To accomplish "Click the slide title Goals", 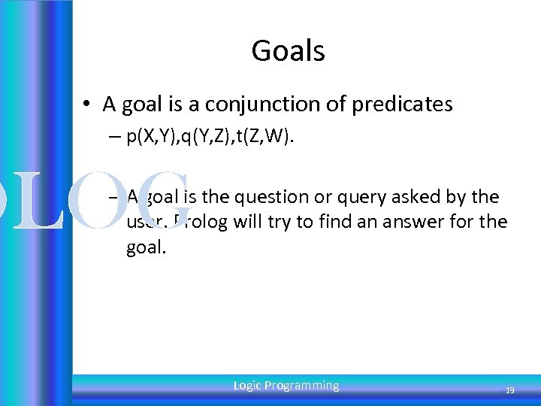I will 288,51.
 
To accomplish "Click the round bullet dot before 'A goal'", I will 89,105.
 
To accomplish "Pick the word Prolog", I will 198,223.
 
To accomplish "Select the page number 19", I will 509,391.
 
